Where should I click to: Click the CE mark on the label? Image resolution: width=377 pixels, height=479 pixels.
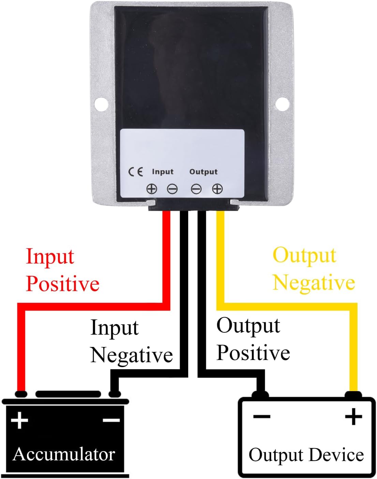pos(135,172)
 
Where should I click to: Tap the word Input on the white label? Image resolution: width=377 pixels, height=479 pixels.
pos(163,172)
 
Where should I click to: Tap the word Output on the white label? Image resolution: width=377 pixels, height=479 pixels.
pos(203,172)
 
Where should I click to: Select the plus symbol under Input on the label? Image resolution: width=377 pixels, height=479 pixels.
pos(152,189)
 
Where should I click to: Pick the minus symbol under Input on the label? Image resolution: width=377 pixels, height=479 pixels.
pos(172,189)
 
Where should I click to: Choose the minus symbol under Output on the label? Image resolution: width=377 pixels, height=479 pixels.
pos(196,189)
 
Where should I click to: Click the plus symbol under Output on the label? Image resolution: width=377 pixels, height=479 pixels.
pos(217,189)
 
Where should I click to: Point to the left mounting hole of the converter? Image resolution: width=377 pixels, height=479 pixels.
pos(101,104)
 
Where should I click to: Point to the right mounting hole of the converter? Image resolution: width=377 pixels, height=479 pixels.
pos(282,104)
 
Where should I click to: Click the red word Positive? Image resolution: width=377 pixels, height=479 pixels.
pos(63,283)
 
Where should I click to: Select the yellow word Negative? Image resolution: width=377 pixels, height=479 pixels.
pos(314,283)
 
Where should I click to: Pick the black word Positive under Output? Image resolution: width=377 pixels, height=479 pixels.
pos(253,352)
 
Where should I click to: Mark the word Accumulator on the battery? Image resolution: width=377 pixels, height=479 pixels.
pos(64,455)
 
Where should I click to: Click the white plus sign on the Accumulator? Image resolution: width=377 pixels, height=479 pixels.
pos(19,420)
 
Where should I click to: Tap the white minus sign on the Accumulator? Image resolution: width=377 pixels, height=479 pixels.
pos(111,420)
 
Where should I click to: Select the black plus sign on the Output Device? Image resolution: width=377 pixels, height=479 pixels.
pos(353,416)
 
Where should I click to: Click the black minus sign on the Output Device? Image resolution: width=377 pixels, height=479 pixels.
pos(262,416)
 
